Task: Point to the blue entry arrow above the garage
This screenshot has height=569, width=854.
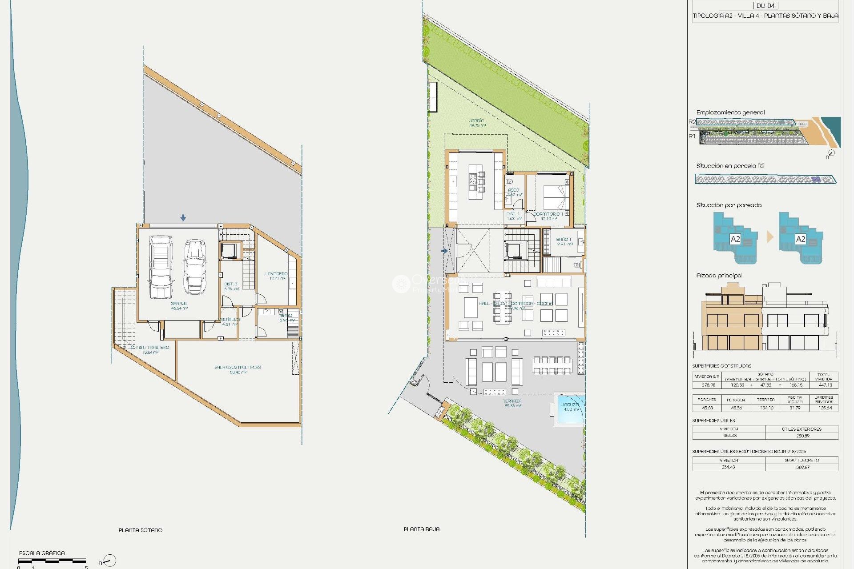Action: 183,218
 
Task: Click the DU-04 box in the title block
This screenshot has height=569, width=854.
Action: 765,6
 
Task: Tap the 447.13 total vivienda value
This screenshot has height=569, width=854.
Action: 825,385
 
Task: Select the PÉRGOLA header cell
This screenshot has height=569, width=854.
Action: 736,400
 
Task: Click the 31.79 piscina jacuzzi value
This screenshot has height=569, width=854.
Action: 794,408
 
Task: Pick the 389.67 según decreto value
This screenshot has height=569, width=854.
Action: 802,467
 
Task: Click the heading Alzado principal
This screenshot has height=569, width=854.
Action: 719,276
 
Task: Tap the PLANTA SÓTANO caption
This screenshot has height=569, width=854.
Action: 140,530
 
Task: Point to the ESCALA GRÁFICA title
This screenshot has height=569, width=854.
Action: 42,553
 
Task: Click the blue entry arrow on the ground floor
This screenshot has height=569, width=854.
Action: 444,251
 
